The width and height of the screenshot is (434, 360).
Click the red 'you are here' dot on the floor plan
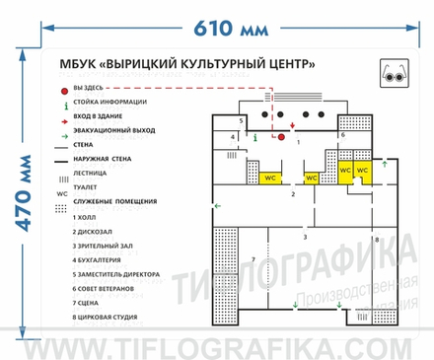(x=280, y=137)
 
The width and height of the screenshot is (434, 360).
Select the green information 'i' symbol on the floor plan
(x=255, y=137)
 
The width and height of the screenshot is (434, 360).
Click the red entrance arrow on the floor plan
(x=280, y=124)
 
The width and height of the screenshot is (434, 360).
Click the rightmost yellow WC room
(x=362, y=170)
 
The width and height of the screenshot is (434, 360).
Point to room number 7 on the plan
(x=253, y=259)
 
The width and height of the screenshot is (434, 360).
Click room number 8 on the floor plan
(x=376, y=240)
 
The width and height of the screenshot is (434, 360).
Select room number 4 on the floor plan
(x=233, y=137)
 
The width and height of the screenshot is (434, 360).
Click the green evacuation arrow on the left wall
(x=218, y=205)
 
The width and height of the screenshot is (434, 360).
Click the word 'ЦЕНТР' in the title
(x=290, y=64)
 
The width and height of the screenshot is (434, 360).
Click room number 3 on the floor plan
(x=304, y=238)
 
